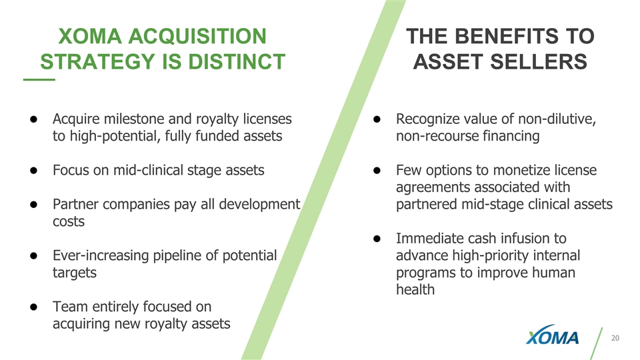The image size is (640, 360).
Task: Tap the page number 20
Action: coord(615,338)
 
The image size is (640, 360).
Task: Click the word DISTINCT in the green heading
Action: coord(236,61)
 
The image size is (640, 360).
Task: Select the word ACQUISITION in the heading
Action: coord(197,36)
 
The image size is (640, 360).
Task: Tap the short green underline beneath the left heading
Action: coord(39,79)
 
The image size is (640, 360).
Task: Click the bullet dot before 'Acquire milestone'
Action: coord(33,119)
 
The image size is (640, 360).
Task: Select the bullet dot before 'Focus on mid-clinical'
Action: coord(33,170)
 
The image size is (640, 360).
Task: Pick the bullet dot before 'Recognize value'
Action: coord(377,119)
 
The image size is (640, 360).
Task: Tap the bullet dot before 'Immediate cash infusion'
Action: coord(377,239)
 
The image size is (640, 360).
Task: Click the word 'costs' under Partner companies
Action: coord(69,221)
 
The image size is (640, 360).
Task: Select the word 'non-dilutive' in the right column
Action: coord(557,119)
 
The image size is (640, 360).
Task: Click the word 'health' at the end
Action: coord(415,289)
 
